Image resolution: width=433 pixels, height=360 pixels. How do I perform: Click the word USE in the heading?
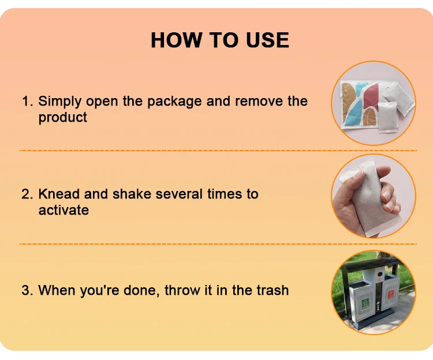[267, 40]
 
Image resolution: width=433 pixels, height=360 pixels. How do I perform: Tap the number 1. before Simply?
[27, 101]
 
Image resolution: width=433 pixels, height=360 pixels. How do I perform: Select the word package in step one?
[174, 102]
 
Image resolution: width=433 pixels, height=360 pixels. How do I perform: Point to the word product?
[63, 118]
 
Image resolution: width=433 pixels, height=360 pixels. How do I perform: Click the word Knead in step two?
[59, 194]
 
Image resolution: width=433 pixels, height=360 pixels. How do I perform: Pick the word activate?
[64, 210]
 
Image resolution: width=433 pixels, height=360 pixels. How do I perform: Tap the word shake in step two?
[132, 194]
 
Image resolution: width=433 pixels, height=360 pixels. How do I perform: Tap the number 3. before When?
[27, 290]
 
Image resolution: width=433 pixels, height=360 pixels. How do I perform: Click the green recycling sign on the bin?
[365, 304]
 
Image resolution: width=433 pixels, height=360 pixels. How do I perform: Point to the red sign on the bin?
[390, 295]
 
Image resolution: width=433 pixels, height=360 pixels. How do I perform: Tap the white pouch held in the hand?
[364, 198]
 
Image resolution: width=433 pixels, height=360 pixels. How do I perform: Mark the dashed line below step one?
[218, 151]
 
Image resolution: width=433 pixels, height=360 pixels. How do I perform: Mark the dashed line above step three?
[218, 244]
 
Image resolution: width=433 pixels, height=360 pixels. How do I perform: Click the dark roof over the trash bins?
[371, 264]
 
